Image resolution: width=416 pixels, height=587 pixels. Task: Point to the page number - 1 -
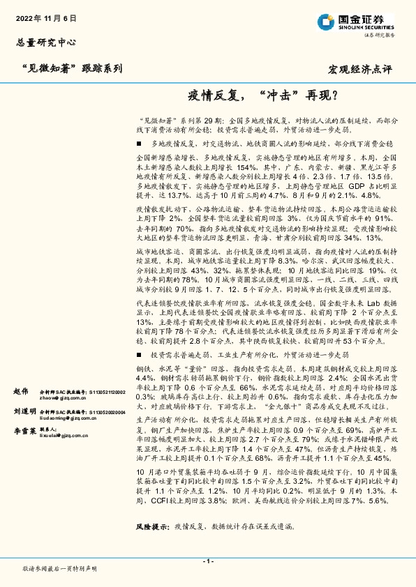(x=207, y=561)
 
